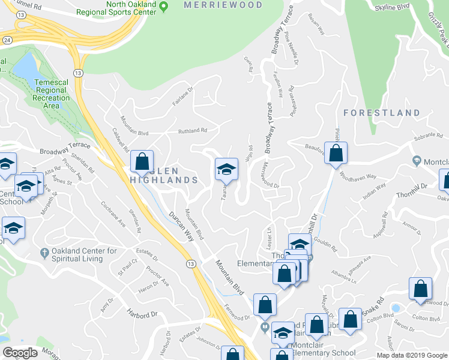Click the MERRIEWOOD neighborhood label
(x=223, y=5)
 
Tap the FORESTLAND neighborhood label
(x=382, y=113)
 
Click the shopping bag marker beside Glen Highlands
(x=142, y=162)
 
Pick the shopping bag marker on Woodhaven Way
(x=336, y=154)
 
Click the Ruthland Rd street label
(x=191, y=131)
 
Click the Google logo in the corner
(x=20, y=353)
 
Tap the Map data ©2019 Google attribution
(x=412, y=355)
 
